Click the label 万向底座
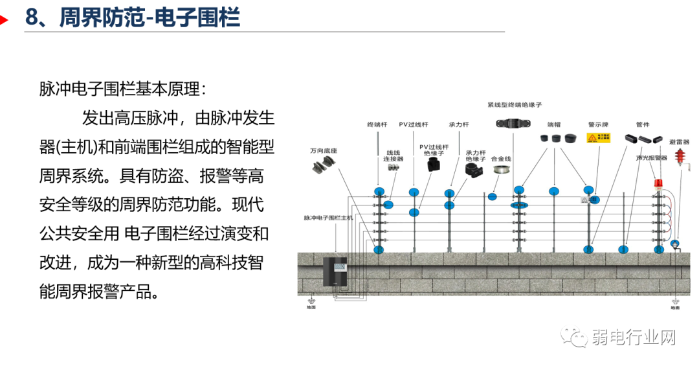coord(324,150)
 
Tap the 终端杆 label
coord(377,124)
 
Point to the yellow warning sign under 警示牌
coord(595,137)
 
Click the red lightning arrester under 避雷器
coord(680,158)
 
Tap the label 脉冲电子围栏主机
coord(328,218)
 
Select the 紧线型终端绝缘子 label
coord(515,104)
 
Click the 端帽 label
coord(554,124)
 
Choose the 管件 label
coord(642,124)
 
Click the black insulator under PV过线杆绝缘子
coord(432,165)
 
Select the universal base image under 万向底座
coord(324,165)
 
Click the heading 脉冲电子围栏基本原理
coord(123,89)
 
